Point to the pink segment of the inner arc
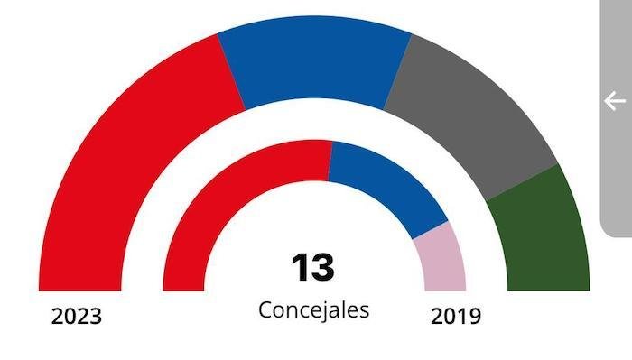pyautogui.click(x=440, y=257)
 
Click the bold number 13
pyautogui.click(x=312, y=268)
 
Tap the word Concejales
pyautogui.click(x=313, y=309)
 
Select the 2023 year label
pyautogui.click(x=77, y=317)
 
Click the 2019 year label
pyautogui.click(x=456, y=317)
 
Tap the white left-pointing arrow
pyautogui.click(x=615, y=100)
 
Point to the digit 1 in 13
pyautogui.click(x=300, y=268)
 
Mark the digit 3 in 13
pyautogui.click(x=323, y=268)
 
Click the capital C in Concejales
pyautogui.click(x=265, y=309)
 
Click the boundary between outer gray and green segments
pyautogui.click(x=523, y=182)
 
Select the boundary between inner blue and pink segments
pyautogui.click(x=431, y=231)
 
